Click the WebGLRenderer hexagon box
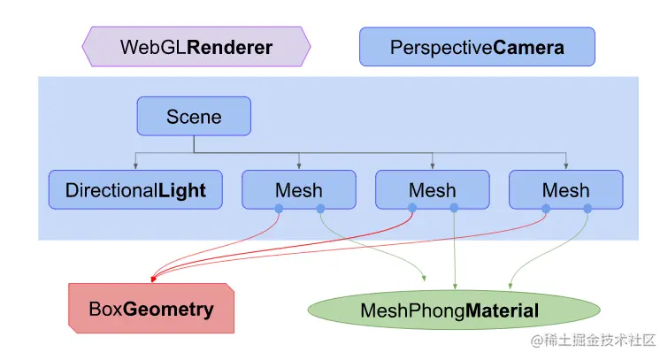[x=196, y=47]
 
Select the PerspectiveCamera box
[x=477, y=47]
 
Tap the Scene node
[x=194, y=116]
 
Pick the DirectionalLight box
[x=135, y=189]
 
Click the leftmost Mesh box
[x=299, y=189]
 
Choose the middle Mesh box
[x=433, y=189]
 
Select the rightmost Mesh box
[x=566, y=189]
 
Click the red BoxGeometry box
[x=151, y=309]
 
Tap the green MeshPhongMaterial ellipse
[x=453, y=310]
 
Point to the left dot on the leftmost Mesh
[x=278, y=209]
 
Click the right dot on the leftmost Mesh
[x=320, y=209]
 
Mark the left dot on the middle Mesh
[x=411, y=209]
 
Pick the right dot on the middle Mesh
[x=454, y=209]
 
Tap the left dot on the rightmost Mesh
[x=546, y=209]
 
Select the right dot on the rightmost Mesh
[x=587, y=209]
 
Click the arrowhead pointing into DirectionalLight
[x=135, y=165]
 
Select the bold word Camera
[x=528, y=47]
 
